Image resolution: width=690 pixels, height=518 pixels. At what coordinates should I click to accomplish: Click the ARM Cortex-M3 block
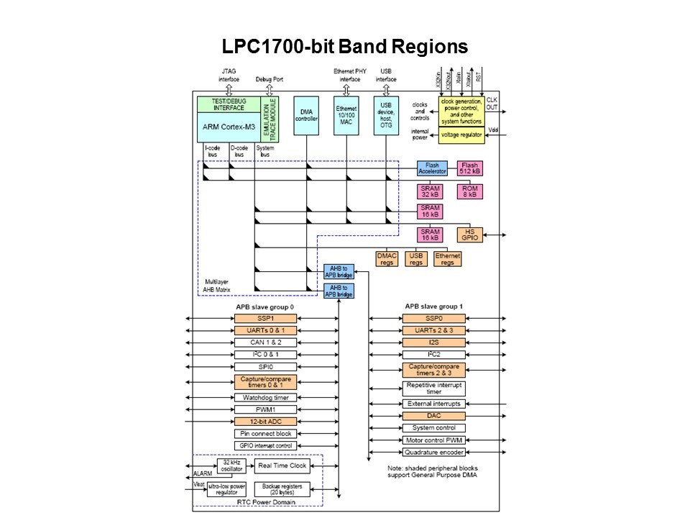coord(229,127)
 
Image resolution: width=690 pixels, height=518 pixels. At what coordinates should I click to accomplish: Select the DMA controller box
coord(306,114)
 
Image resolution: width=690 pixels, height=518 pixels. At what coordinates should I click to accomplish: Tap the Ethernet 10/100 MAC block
coord(346,114)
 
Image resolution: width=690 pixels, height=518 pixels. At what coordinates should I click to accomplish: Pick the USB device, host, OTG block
coord(387,114)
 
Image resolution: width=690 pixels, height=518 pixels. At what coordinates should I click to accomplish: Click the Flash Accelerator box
coord(432,168)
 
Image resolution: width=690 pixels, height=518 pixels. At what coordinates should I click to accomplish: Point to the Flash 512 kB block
coord(470,168)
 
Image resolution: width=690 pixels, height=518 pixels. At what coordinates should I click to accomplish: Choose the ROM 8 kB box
coord(470,191)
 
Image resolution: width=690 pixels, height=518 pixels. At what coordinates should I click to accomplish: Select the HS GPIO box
coord(470,235)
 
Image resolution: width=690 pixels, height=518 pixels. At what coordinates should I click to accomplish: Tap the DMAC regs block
coord(387,258)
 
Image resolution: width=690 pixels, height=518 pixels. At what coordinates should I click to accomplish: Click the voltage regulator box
coord(461,135)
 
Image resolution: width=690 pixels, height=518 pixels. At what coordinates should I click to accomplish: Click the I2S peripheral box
coord(433,342)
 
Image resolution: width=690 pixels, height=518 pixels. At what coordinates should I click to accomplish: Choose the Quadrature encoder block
coord(433,452)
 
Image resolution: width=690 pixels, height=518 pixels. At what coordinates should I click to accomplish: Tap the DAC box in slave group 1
coord(433,416)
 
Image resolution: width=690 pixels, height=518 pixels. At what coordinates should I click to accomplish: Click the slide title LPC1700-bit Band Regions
coord(345,47)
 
